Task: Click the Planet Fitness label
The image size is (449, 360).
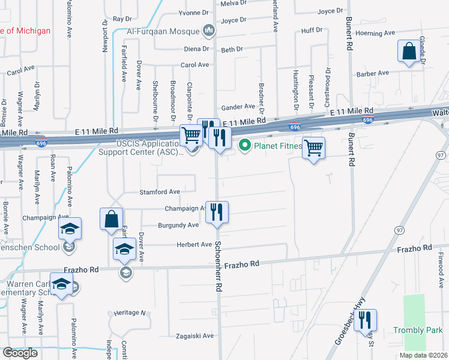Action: coord(276,145)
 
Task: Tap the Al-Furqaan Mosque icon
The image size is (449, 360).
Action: coord(209,30)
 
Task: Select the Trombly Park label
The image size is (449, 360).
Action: coord(418,330)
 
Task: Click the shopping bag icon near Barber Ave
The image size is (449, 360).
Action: coord(409,53)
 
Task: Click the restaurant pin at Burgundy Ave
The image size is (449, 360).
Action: coord(217,212)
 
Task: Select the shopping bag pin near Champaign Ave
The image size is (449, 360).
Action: coord(112,220)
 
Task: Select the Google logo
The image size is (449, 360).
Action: coord(20,353)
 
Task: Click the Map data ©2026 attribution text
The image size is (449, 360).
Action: coord(423,355)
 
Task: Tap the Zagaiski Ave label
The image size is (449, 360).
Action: coord(194,336)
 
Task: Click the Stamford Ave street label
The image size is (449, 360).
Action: coord(160,192)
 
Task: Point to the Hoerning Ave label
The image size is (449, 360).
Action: coord(375,33)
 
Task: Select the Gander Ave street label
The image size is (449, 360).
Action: coord(238,107)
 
